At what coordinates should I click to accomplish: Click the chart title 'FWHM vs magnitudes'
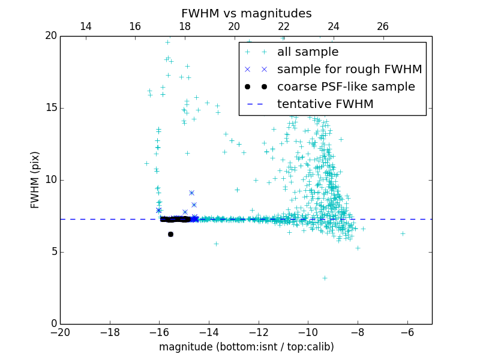click(x=246, y=13)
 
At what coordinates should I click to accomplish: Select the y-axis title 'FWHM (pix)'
click(x=35, y=179)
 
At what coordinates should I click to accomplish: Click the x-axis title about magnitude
click(x=246, y=347)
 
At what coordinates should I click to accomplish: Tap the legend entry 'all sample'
click(x=308, y=52)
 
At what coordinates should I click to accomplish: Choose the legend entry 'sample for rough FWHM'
click(x=349, y=70)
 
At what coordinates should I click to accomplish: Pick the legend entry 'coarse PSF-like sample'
click(x=346, y=87)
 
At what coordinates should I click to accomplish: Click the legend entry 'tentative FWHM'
click(x=325, y=104)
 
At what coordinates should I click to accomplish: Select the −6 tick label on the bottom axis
click(x=407, y=332)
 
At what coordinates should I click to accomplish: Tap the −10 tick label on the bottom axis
click(x=308, y=332)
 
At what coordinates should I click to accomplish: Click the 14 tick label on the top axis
click(x=85, y=26)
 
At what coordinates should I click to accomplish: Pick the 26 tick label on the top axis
click(x=383, y=26)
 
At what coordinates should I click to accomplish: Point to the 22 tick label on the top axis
click(x=284, y=26)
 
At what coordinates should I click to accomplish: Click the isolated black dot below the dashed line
click(x=170, y=234)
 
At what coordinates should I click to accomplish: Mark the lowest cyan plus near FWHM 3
click(x=325, y=278)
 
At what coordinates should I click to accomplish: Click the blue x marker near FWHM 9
click(x=191, y=193)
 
